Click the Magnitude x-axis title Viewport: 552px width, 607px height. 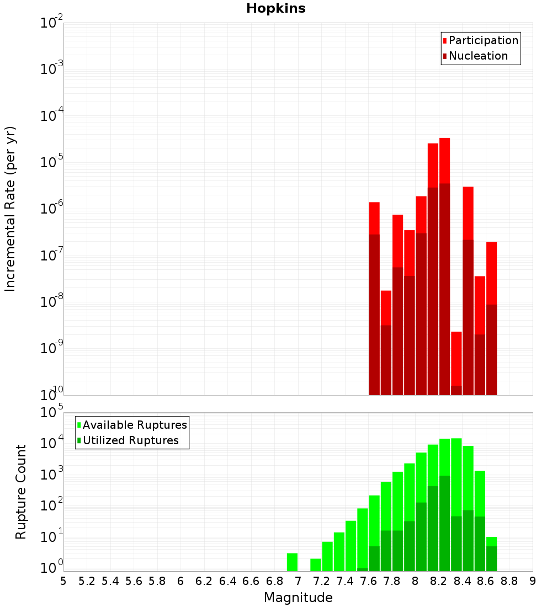[x=298, y=598]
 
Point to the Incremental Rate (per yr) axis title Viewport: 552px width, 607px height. [x=10, y=209]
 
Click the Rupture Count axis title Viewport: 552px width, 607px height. [x=21, y=492]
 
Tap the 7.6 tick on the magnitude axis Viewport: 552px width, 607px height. [x=369, y=581]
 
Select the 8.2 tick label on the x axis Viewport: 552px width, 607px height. [x=439, y=581]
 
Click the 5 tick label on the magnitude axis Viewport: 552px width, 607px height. [x=63, y=581]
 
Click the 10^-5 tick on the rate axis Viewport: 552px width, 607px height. [x=52, y=162]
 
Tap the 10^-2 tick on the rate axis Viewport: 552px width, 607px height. [x=52, y=23]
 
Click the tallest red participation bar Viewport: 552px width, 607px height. [x=445, y=160]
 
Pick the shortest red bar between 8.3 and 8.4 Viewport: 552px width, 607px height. [x=457, y=359]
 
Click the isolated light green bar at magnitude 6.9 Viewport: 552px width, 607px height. [x=293, y=562]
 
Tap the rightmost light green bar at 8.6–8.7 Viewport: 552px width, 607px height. [x=492, y=541]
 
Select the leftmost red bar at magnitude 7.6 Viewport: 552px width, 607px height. [x=374, y=218]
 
